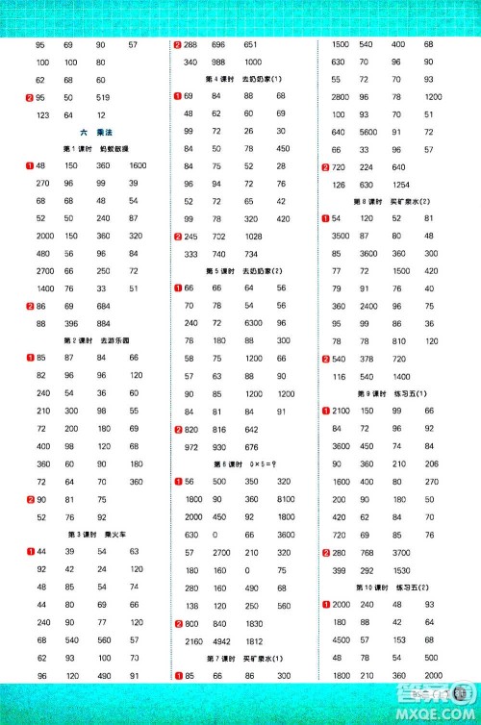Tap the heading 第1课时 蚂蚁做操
(x=89, y=149)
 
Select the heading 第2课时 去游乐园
(x=89, y=340)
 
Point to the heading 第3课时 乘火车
(x=89, y=534)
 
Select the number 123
(x=40, y=115)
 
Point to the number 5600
(x=371, y=132)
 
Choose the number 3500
(x=341, y=237)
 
